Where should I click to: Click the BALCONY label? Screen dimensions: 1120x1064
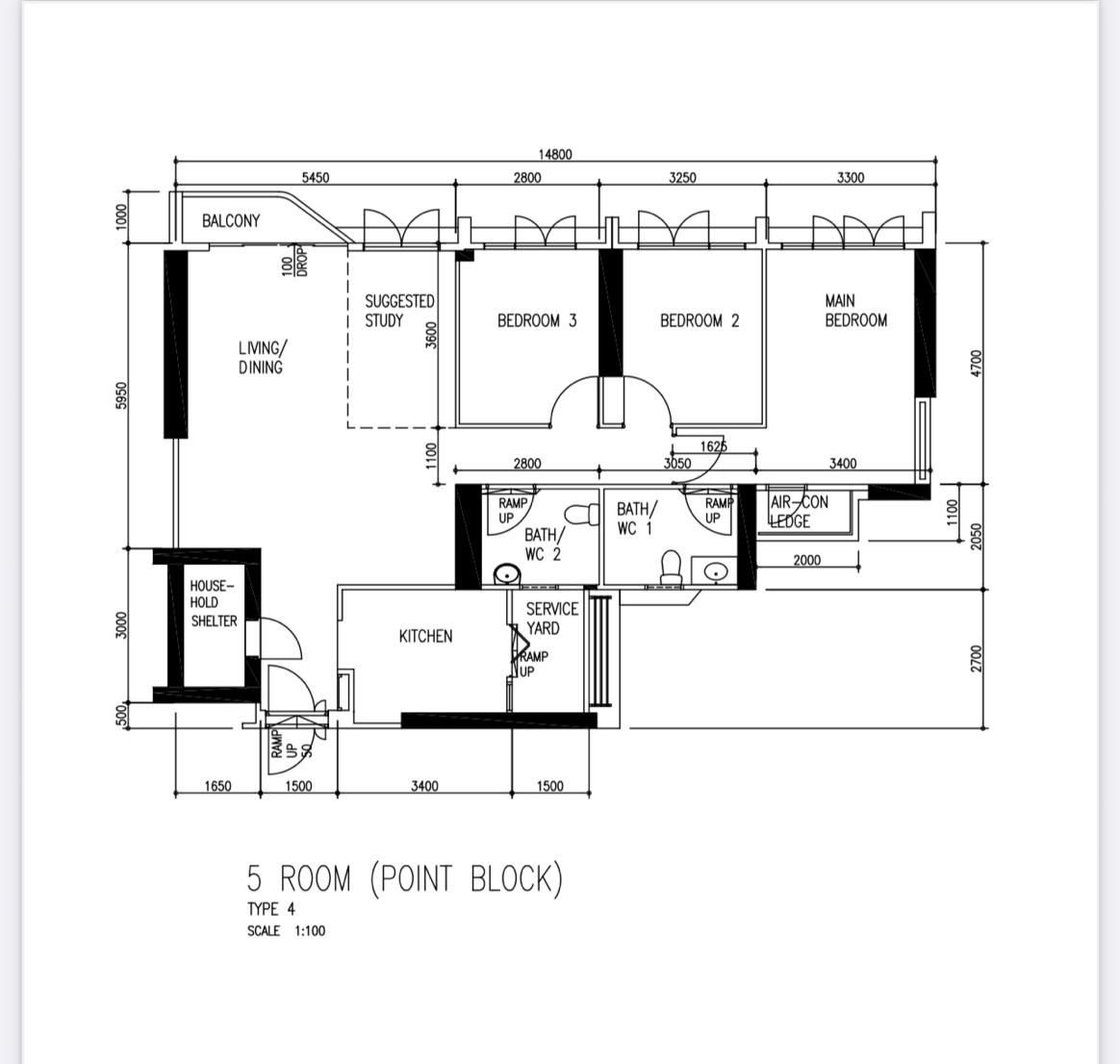point(231,220)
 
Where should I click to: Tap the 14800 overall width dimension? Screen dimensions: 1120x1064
point(555,154)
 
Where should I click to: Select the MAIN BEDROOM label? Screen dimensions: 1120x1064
point(855,311)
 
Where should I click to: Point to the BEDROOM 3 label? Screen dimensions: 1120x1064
point(537,320)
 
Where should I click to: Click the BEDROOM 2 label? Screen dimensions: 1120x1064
point(700,320)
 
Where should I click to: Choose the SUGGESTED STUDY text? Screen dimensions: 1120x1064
point(399,311)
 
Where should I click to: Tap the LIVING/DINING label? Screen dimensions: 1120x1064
point(263,357)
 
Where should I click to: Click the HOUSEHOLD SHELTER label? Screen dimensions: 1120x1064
point(213,603)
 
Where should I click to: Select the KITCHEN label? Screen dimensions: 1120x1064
point(425,636)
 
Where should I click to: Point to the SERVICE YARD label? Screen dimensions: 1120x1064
point(552,619)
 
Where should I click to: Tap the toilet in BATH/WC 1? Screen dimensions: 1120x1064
point(671,567)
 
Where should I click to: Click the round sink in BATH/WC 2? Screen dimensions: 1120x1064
point(507,573)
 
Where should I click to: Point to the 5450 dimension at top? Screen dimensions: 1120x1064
point(315,177)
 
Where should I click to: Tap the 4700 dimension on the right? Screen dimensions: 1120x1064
point(978,365)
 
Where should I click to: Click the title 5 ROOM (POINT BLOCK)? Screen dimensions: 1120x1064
point(405,878)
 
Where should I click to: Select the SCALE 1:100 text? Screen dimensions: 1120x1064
point(286,930)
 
